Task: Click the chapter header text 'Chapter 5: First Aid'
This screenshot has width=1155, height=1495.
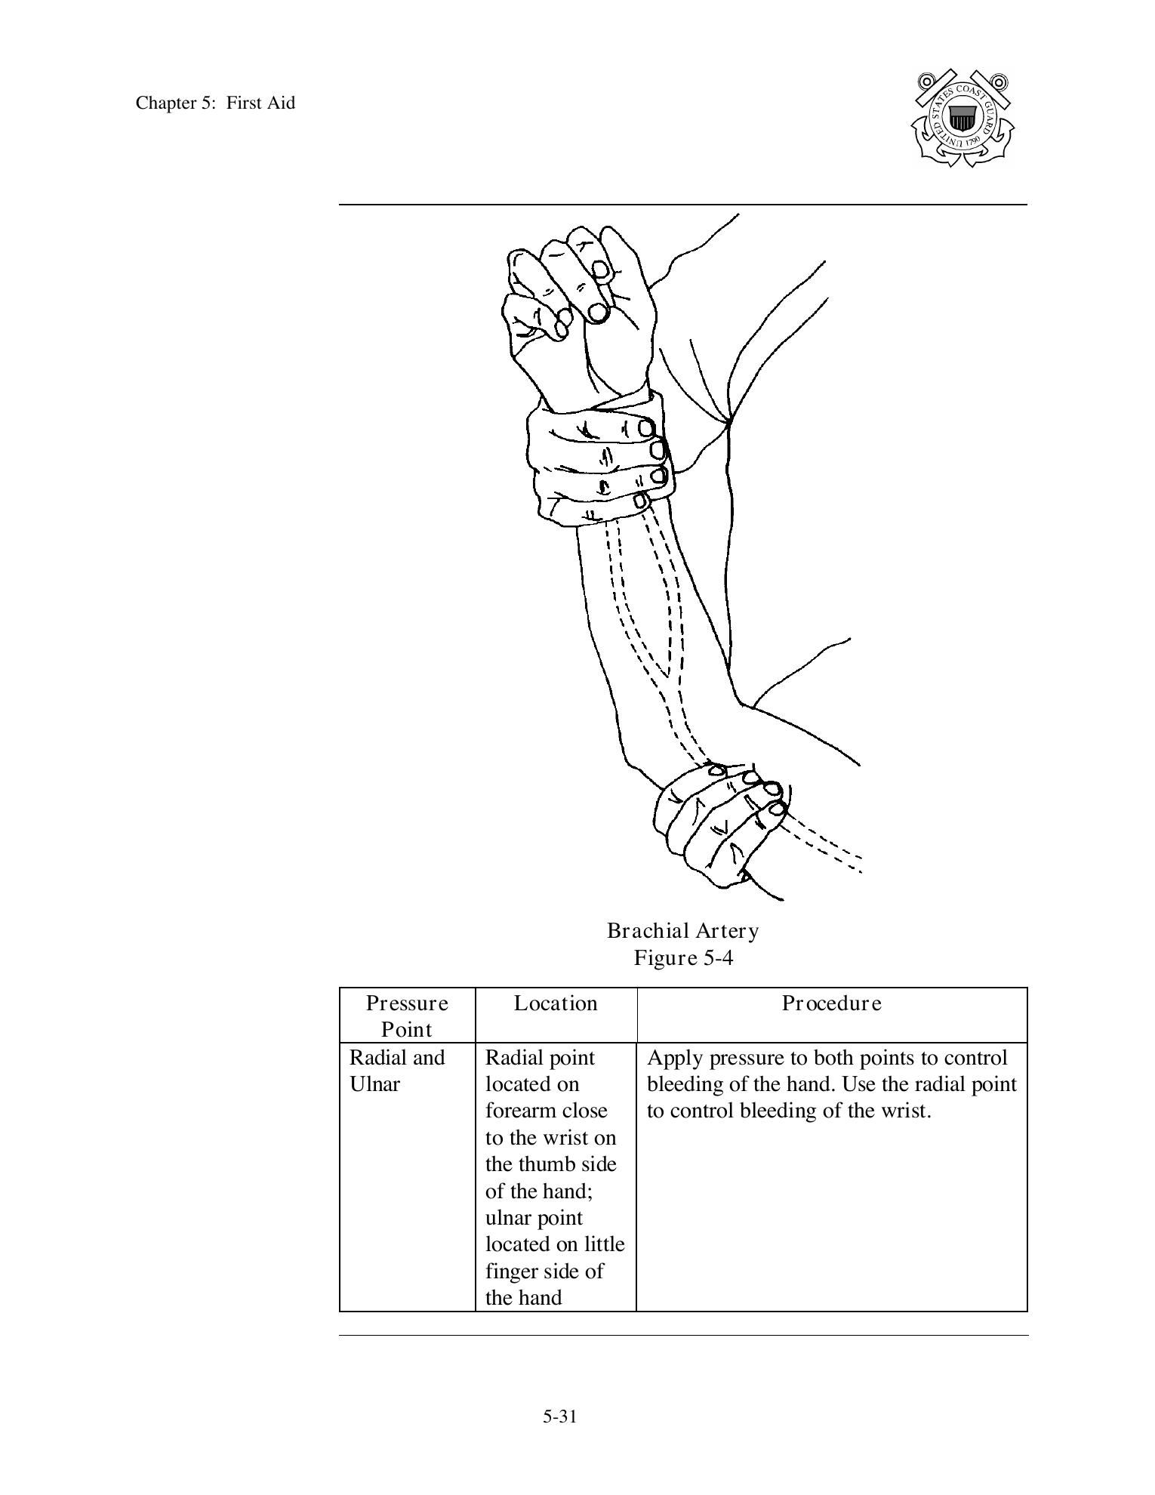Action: point(215,103)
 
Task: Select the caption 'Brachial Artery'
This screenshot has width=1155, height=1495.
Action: point(682,931)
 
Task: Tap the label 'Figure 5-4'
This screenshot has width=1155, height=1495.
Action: point(682,958)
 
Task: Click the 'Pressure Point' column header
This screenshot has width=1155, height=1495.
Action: point(407,1016)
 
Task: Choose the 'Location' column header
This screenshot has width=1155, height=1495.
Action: point(556,1003)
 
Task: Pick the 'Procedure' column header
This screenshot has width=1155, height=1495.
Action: point(831,1003)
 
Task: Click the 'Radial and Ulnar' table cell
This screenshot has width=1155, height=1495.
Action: point(397,1071)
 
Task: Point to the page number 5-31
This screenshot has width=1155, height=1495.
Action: point(559,1416)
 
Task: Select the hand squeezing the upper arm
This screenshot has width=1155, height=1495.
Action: point(717,823)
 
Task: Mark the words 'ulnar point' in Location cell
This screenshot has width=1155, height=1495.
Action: point(534,1218)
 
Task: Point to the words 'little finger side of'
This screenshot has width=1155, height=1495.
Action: point(555,1258)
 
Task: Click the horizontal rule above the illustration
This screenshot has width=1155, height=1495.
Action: point(682,204)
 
